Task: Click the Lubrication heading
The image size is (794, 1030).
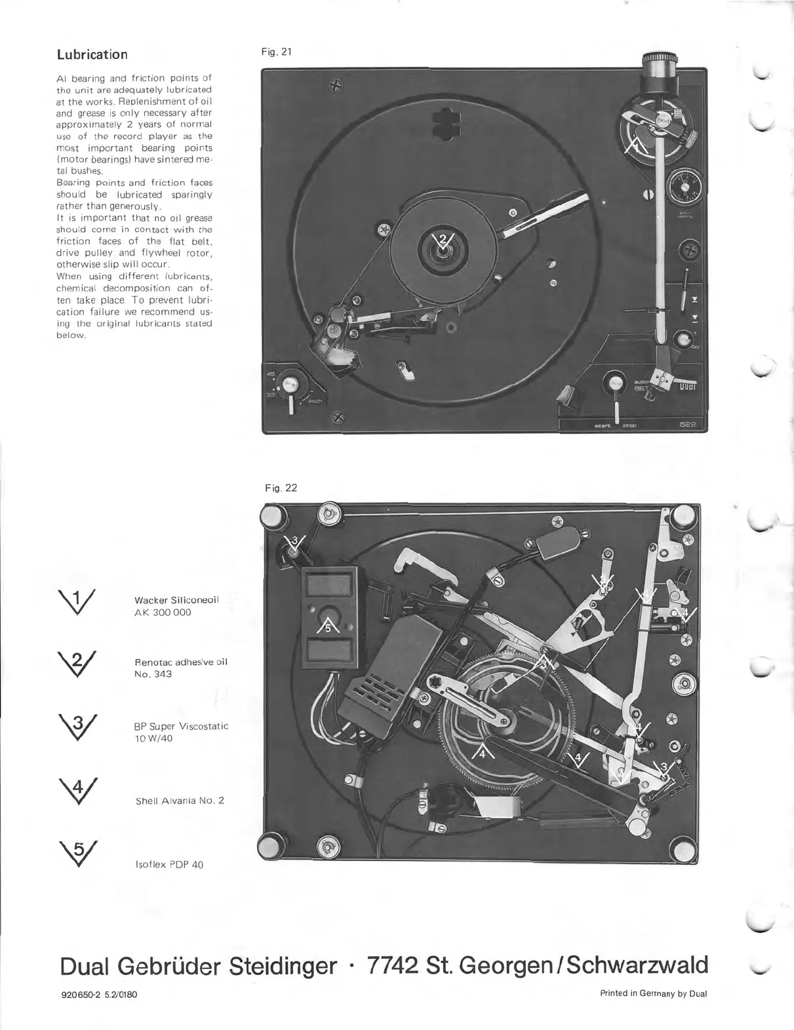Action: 92,54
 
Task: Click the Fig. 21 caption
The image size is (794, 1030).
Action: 276,52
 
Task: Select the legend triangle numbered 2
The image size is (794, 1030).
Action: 78,665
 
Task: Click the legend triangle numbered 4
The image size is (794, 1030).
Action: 78,791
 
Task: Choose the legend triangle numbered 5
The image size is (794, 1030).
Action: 78,853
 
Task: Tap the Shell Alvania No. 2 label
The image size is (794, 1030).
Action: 180,801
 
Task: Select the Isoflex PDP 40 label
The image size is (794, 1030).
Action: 169,865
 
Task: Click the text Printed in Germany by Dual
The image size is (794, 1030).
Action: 654,993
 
